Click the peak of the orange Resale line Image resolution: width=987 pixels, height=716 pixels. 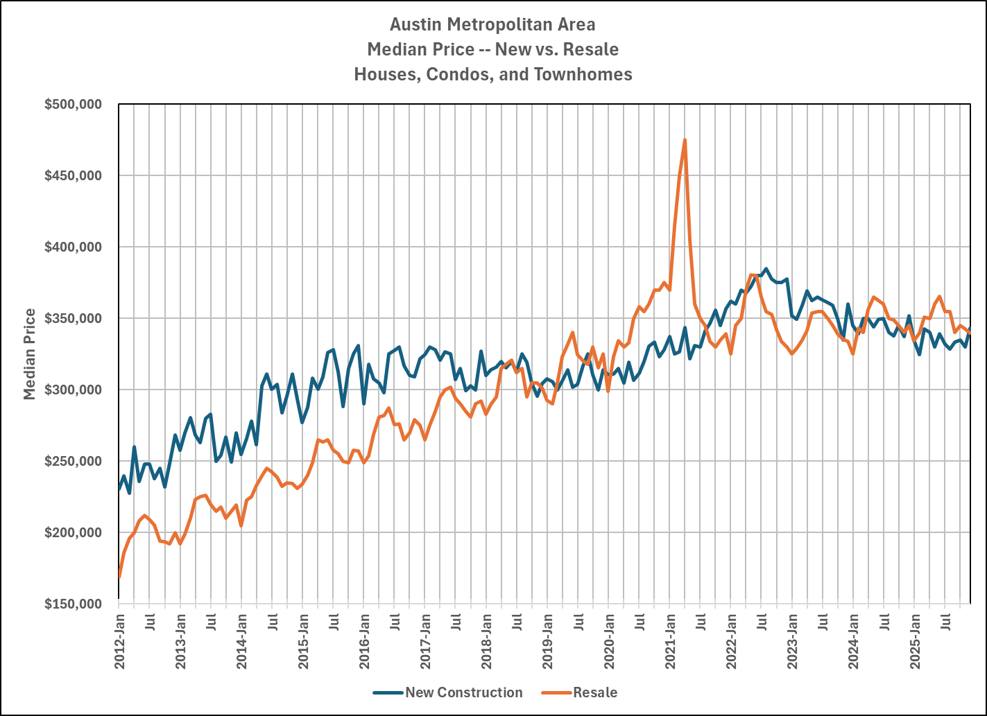pos(685,140)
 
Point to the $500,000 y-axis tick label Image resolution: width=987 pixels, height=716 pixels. pos(73,105)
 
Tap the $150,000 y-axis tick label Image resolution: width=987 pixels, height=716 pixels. pos(73,604)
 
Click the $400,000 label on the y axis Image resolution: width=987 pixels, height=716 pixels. pos(73,247)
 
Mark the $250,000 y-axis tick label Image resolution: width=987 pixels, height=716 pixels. pos(73,461)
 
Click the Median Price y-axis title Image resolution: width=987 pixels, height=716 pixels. pos(30,354)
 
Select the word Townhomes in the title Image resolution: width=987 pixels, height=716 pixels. pos(583,74)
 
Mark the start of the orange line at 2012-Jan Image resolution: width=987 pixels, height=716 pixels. pos(120,577)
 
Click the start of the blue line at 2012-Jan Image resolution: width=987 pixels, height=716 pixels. pos(120,489)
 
